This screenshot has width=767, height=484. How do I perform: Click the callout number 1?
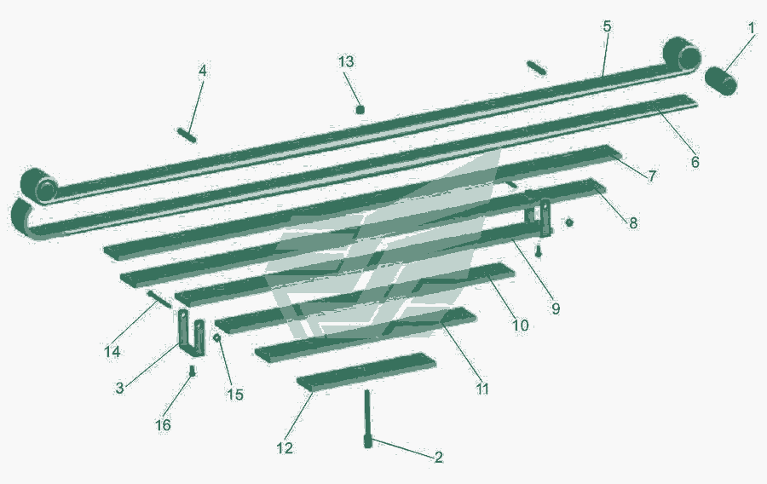click(752, 28)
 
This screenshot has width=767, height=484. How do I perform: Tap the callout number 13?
click(346, 62)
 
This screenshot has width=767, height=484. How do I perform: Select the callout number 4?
click(203, 71)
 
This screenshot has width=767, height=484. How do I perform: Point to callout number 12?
click(285, 448)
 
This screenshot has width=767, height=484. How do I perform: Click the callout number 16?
click(163, 425)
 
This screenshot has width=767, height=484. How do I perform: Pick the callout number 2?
click(438, 457)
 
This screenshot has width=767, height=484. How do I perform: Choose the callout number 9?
click(555, 308)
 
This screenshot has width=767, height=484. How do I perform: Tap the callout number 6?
click(695, 161)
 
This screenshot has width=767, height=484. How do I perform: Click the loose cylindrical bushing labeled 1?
click(721, 81)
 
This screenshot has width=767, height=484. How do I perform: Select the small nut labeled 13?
click(360, 109)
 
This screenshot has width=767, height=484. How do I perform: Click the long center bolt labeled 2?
click(368, 418)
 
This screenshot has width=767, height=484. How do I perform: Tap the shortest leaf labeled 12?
click(366, 372)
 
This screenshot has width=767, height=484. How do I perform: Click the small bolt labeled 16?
click(193, 371)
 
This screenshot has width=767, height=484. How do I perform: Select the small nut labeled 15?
click(217, 337)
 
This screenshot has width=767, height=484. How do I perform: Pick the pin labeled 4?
click(187, 135)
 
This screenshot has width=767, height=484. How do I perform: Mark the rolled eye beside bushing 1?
click(683, 54)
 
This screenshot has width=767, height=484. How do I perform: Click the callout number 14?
click(112, 351)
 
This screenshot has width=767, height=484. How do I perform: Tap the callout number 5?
click(607, 26)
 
